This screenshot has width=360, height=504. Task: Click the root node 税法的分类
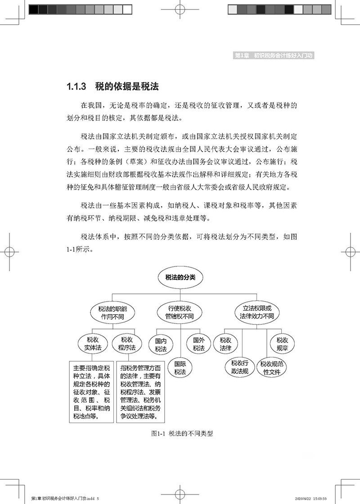point(180,278)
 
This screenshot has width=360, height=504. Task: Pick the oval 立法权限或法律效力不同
point(257,312)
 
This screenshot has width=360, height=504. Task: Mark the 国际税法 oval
point(180,368)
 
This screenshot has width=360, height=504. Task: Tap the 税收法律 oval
point(225,344)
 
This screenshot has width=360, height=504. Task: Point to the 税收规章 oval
point(282,344)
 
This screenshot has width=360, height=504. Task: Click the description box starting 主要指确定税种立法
point(91,391)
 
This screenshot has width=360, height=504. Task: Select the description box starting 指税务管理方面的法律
point(141,391)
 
